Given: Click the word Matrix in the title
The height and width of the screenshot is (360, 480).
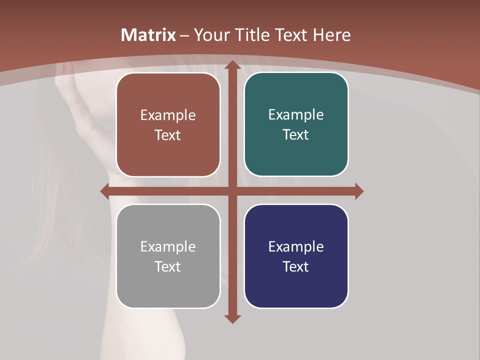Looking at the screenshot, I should pos(148,35).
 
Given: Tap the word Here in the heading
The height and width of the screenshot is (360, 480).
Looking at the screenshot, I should pos(331,35).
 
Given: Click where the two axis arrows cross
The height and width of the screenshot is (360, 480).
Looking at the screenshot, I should pos(232,191).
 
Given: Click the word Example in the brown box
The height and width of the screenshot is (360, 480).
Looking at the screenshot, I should pos(168,115).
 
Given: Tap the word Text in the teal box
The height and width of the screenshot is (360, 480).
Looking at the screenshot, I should pos(296,135).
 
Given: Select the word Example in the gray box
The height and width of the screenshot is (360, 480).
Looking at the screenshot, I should pos(168,247).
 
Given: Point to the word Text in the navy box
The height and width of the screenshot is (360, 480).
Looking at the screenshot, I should pos(296,266).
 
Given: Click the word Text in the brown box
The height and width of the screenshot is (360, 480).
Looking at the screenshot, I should pos(168,135).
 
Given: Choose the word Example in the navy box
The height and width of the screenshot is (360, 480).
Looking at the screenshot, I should pos(296,247).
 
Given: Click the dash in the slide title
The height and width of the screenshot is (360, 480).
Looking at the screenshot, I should pos(184,35).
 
